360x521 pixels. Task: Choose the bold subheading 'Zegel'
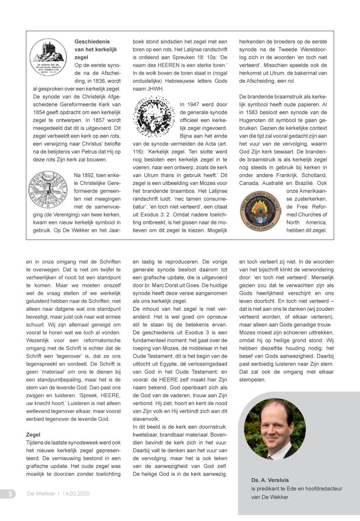pos(33,434)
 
